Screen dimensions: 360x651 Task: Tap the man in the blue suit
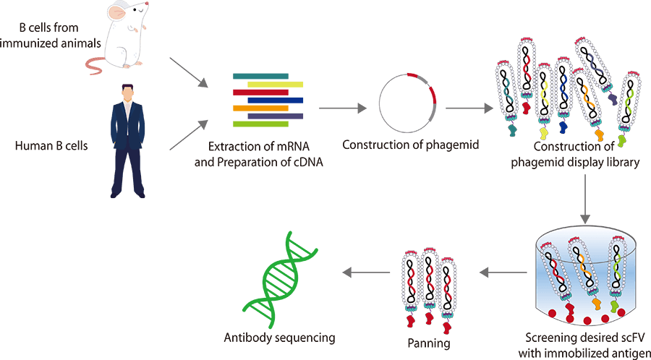point(128,141)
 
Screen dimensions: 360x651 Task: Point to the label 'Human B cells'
point(51,146)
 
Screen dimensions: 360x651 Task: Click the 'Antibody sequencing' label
point(279,338)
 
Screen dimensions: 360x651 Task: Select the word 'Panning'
point(429,343)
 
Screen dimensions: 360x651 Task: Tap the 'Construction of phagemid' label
point(410,145)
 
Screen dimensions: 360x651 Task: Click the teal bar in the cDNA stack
point(260,75)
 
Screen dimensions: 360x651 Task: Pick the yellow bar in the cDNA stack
point(275,84)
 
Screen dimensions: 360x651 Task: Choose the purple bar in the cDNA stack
point(275,116)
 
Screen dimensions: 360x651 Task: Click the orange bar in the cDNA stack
point(260,108)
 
